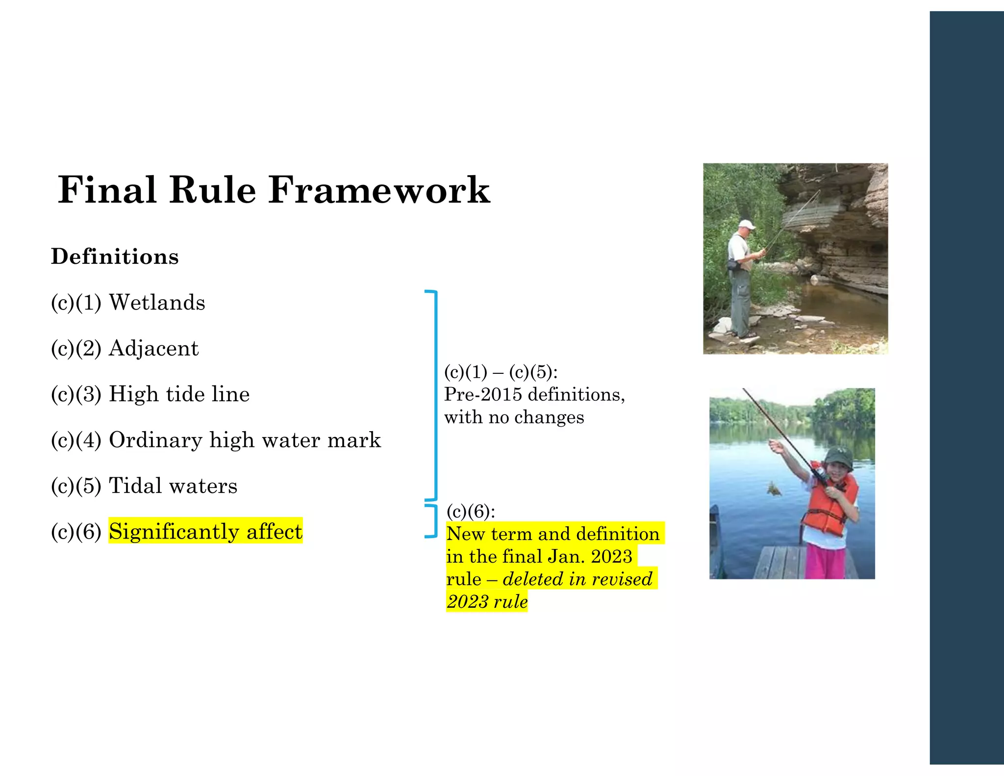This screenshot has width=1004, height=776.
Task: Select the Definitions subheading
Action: coord(115,257)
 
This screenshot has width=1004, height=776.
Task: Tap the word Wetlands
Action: coord(157,302)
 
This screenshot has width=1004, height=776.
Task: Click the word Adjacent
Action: coord(153,348)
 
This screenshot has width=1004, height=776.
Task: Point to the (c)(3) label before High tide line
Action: coord(76,394)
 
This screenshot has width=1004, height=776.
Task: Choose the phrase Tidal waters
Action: coord(173,486)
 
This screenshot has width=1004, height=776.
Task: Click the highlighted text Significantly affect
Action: coord(205,531)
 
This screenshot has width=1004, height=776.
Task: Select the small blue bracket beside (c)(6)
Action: coord(433,520)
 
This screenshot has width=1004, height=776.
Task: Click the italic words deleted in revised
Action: coord(577,579)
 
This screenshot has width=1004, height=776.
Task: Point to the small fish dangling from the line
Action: coord(774,489)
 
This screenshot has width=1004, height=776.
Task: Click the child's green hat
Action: coord(838,456)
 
